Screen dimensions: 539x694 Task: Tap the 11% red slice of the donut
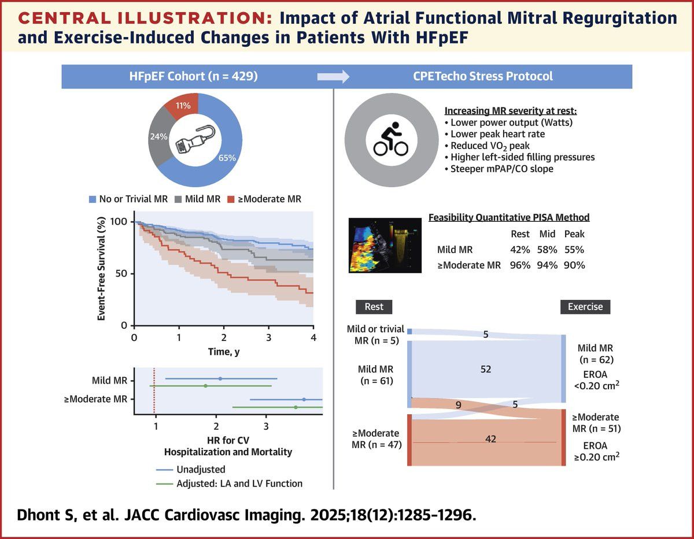[183, 106]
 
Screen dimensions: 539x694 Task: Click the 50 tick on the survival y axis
[121, 274]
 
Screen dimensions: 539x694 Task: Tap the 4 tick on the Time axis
[313, 337]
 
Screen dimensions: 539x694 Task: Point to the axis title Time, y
[223, 351]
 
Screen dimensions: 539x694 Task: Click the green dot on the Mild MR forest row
[205, 386]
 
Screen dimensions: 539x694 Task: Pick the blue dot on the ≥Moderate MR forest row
[304, 399]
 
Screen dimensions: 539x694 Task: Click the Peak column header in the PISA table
[575, 234]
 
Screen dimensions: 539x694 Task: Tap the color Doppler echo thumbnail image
[385, 245]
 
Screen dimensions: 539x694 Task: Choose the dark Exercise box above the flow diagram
[585, 306]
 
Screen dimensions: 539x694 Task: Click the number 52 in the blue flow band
[485, 369]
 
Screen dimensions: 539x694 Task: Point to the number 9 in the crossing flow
[458, 406]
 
